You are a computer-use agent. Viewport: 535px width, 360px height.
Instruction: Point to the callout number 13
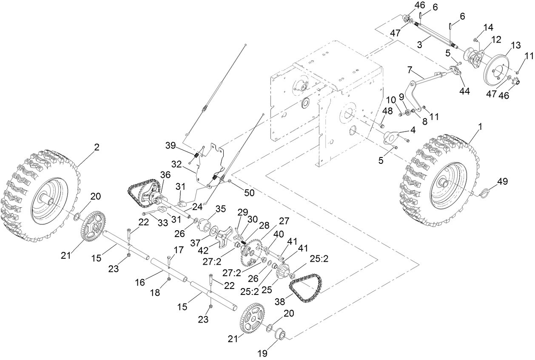click(515, 45)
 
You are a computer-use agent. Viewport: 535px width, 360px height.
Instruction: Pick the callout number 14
click(488, 27)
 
